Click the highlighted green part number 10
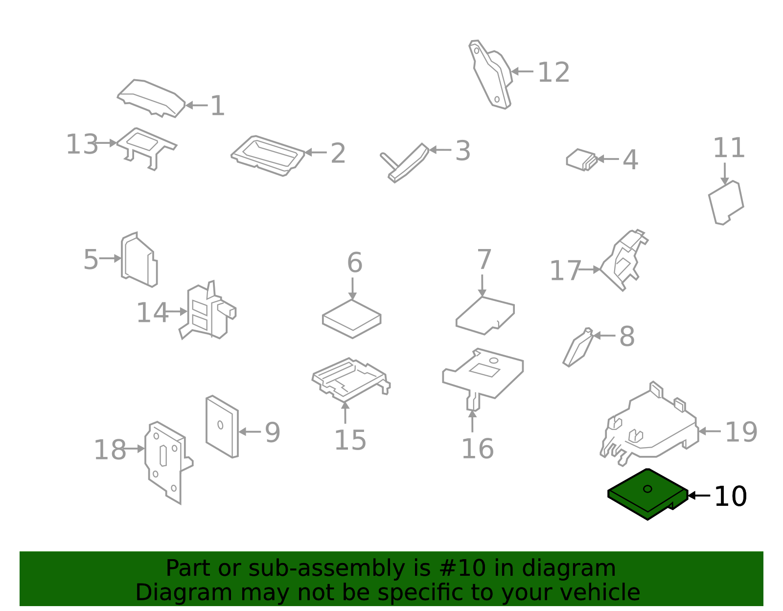pos(647,495)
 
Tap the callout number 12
pos(554,72)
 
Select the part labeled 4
pos(581,160)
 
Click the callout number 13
pos(82,144)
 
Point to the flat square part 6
pos(352,319)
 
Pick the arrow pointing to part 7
pos(482,286)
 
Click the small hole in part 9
pos(220,425)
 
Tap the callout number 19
pos(741,432)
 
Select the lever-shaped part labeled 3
pos(405,163)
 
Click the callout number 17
pos(565,271)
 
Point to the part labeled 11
pos(726,203)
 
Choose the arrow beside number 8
pos(604,336)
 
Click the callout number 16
pos(478,449)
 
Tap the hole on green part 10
pos(647,489)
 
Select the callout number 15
pos(350,440)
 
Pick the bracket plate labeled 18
pos(169,463)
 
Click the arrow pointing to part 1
pos(196,106)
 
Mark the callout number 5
pos(91,260)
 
